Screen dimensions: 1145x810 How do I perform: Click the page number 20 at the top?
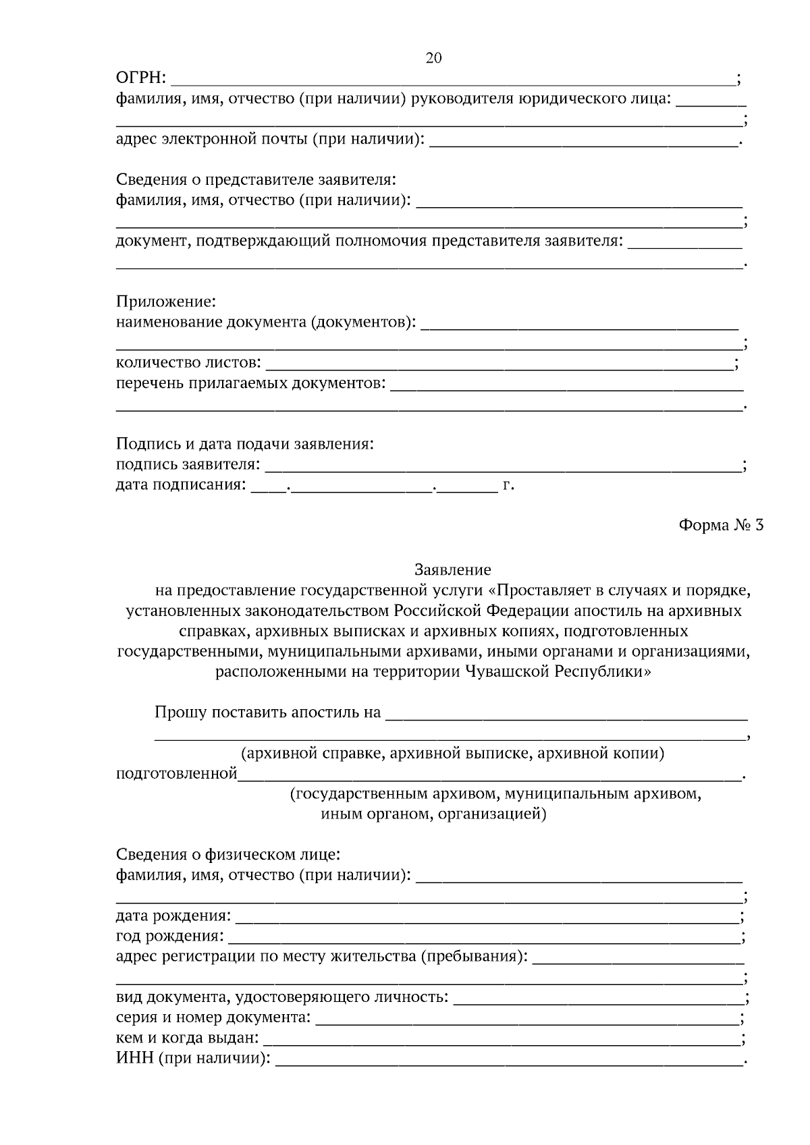(433, 58)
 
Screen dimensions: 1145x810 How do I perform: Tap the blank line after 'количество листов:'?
(500, 364)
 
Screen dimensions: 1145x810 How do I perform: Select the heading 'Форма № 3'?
(721, 525)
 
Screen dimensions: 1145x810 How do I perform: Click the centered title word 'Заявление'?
(452, 570)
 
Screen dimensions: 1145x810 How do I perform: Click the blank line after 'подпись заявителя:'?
(503, 466)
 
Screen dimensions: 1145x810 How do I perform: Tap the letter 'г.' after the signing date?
(508, 485)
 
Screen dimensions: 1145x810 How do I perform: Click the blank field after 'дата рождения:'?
(486, 917)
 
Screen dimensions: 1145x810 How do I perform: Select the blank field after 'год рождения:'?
(483, 937)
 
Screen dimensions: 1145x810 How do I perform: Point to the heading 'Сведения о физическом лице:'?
(228, 855)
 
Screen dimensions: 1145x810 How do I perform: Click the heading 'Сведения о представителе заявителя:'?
(256, 180)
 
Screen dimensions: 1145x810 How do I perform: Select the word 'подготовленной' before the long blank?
(176, 774)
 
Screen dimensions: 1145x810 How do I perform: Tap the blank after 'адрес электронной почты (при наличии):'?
(584, 141)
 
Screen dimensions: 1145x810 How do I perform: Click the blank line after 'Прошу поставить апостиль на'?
(566, 713)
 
